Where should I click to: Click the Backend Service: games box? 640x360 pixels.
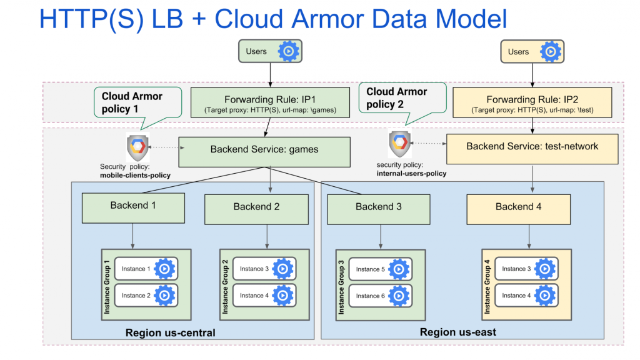pos(264,150)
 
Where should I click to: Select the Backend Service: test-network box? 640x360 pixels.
pos(532,147)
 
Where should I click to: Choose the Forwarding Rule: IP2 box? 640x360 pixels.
pos(532,102)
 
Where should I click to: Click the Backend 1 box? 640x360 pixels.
pos(133,207)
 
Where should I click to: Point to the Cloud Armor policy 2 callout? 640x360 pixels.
pos(397,99)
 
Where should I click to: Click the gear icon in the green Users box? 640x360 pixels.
pos(288,51)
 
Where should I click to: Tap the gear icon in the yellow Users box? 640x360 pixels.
pos(550,51)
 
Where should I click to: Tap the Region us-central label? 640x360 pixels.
pos(171,332)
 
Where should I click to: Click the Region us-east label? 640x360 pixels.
pos(458,332)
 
